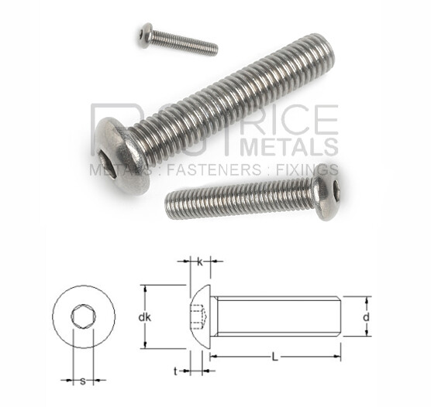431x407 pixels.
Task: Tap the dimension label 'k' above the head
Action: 200,262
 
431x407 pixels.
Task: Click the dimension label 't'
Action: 175,371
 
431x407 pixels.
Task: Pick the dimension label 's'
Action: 82,380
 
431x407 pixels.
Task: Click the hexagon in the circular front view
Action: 83,318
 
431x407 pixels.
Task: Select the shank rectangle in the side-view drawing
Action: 275,316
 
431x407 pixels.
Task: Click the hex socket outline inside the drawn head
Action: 198,316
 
